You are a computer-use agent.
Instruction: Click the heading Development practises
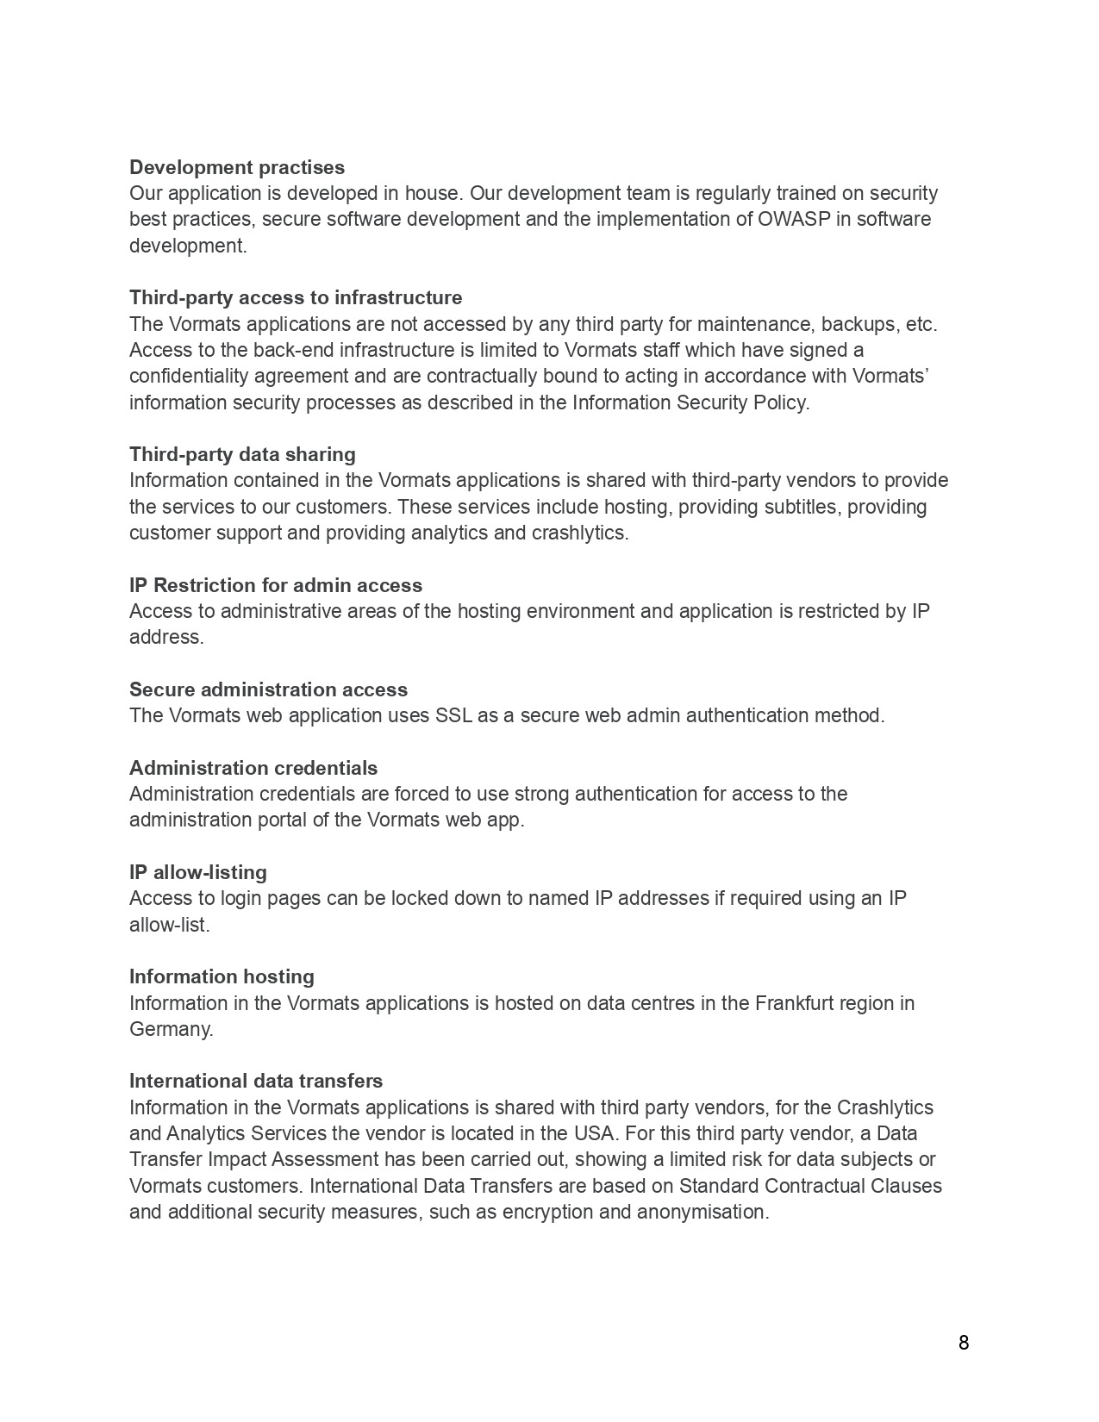(237, 167)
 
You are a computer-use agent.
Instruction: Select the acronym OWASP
(793, 219)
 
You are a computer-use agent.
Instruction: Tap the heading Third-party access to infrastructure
(296, 297)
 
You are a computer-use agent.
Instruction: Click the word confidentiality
(185, 376)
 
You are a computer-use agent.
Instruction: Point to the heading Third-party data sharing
(242, 454)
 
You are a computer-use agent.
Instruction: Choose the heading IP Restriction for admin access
(276, 585)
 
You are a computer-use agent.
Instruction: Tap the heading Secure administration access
(268, 689)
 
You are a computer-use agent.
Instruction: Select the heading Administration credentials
(253, 768)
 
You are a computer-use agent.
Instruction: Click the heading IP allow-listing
(198, 872)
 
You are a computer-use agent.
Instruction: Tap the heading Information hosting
(222, 976)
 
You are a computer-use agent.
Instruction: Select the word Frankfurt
(794, 1003)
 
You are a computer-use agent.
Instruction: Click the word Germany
(171, 1029)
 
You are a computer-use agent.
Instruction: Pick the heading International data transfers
(256, 1081)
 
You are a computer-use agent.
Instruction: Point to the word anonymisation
(702, 1212)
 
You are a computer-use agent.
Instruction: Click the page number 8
(963, 1343)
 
